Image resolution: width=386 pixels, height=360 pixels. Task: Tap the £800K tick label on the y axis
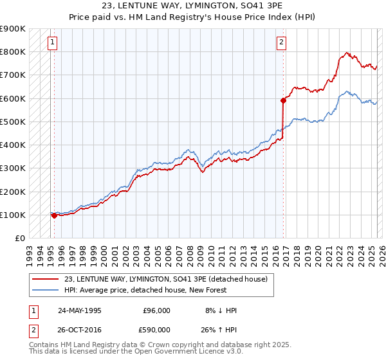point(13,51)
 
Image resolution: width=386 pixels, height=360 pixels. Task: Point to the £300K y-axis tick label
point(13,168)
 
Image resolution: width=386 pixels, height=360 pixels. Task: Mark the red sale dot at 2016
point(283,100)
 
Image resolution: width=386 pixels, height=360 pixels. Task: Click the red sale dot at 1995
point(55,216)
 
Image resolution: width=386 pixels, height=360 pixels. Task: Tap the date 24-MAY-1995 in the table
point(79,310)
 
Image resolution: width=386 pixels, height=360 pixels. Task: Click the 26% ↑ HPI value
point(221,329)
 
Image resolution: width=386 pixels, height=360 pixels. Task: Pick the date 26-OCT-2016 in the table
point(80,329)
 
